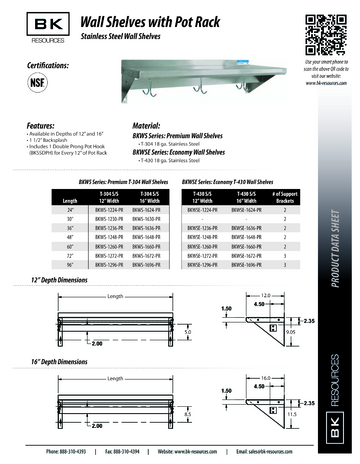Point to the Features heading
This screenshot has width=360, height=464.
pos(31,127)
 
